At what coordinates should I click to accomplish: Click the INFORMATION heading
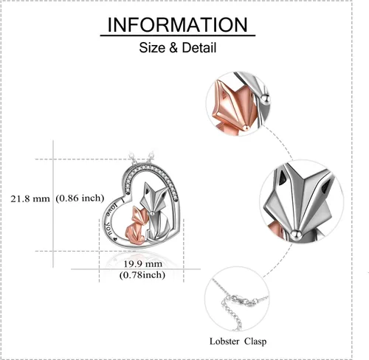tap(177, 25)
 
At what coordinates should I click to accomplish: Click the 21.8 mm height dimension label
tap(30, 198)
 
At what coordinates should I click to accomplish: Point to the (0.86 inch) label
tap(80, 198)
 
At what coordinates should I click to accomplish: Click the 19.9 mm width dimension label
tap(142, 264)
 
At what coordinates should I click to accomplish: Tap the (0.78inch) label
tap(142, 275)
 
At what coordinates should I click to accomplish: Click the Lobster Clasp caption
tap(238, 342)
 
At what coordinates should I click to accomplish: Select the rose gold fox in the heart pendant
tap(137, 226)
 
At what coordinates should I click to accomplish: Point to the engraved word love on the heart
tap(108, 210)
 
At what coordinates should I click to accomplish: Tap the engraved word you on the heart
tap(108, 229)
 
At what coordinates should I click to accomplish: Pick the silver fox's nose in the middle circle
tap(296, 234)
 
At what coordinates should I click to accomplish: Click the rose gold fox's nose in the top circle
tap(245, 127)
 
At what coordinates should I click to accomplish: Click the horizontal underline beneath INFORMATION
tap(178, 36)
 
